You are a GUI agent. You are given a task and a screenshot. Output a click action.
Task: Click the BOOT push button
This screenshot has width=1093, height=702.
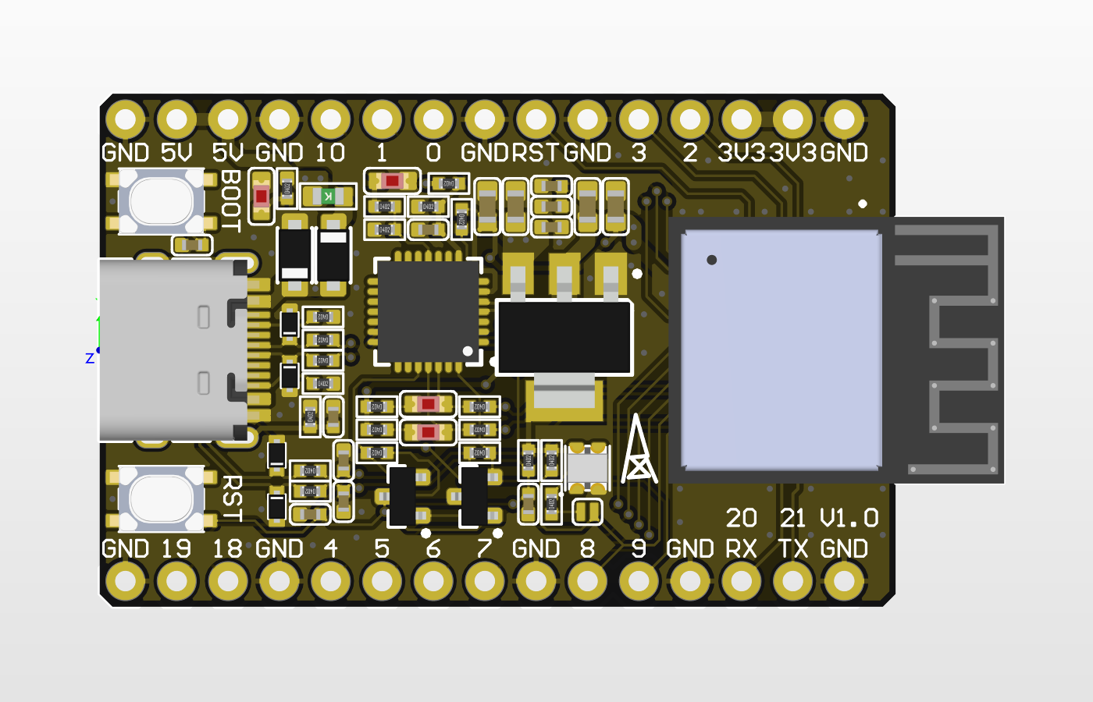[162, 200]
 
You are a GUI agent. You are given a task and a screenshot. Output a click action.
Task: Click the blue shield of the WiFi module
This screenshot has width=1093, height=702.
[781, 349]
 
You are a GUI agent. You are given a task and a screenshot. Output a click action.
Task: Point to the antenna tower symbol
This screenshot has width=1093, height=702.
[638, 451]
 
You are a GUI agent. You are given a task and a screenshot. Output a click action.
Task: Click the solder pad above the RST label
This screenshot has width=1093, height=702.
[536, 120]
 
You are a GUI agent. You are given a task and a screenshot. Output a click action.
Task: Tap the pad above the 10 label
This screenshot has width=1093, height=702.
[330, 120]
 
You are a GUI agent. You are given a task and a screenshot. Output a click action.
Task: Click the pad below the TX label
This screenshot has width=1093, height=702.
[792, 581]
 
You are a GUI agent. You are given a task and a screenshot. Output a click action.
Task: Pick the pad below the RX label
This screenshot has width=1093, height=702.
[741, 581]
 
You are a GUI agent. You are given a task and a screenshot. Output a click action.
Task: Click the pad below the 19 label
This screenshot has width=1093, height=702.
[176, 581]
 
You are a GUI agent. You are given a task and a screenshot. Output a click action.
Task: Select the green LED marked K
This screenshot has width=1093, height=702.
[329, 196]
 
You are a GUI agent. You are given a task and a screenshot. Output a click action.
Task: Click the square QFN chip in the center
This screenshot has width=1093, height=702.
[428, 310]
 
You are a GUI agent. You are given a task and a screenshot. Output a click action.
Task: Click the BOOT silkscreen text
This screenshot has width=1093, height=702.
[230, 200]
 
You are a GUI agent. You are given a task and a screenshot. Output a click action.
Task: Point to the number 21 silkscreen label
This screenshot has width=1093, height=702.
[792, 518]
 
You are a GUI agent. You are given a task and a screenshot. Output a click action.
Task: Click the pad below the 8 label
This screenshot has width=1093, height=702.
[587, 581]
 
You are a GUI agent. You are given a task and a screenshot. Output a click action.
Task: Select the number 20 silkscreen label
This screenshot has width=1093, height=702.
[741, 518]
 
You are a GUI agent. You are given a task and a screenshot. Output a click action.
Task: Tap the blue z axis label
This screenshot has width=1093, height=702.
[90, 358]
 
